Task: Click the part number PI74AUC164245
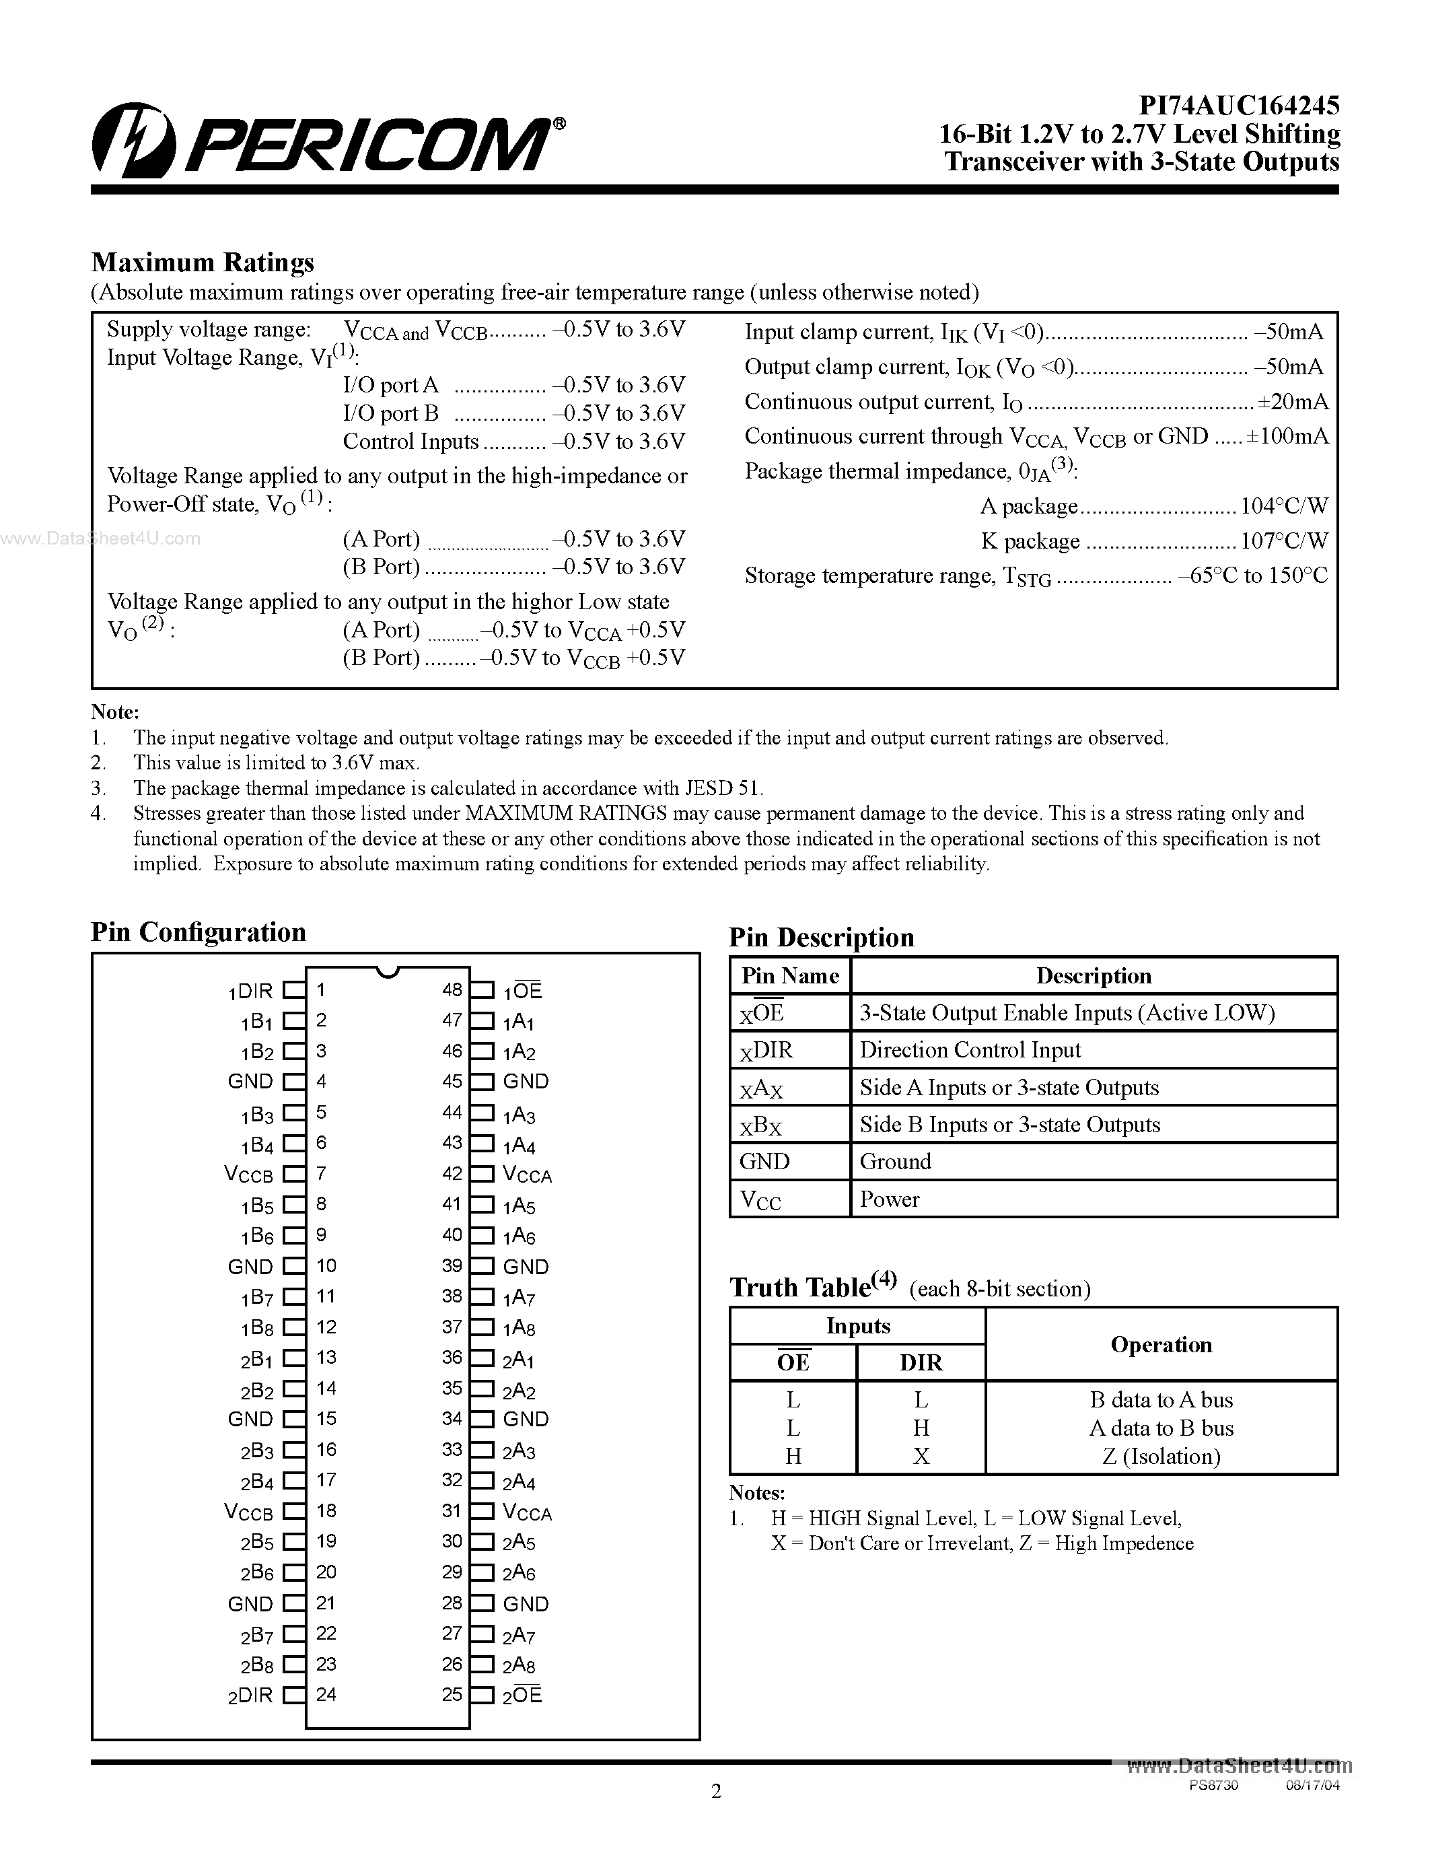(x=1238, y=105)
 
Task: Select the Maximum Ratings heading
(x=203, y=262)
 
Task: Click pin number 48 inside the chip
(x=452, y=989)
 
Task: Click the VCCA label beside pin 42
(x=527, y=1175)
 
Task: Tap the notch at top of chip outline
(x=387, y=972)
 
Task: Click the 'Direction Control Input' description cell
(x=970, y=1050)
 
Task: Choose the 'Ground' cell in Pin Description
(x=896, y=1161)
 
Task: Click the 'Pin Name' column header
(x=789, y=975)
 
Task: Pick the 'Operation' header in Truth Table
(x=1161, y=1344)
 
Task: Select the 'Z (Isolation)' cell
(x=1161, y=1456)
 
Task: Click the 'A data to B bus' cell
(x=1161, y=1428)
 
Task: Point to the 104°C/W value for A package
(x=1283, y=506)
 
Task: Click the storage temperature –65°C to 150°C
(x=1253, y=575)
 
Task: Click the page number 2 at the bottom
(x=716, y=1791)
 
